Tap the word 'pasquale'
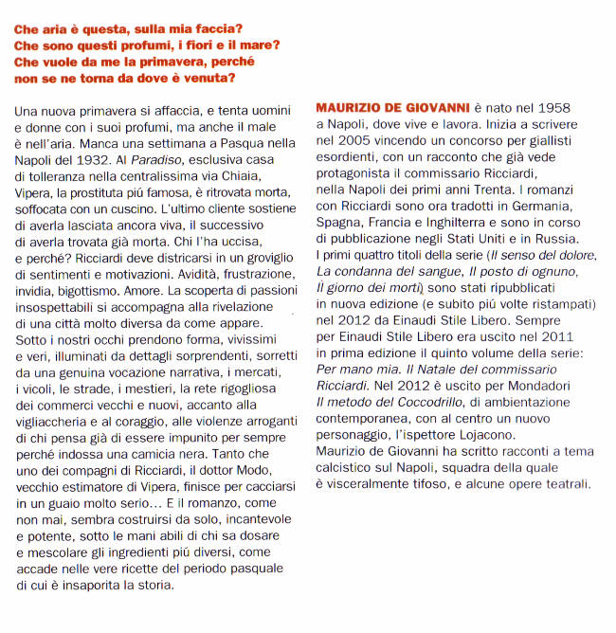(x=251, y=568)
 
